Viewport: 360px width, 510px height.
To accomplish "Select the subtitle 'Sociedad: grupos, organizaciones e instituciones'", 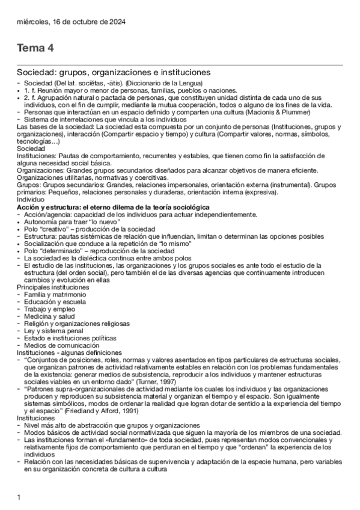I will [113, 72].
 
